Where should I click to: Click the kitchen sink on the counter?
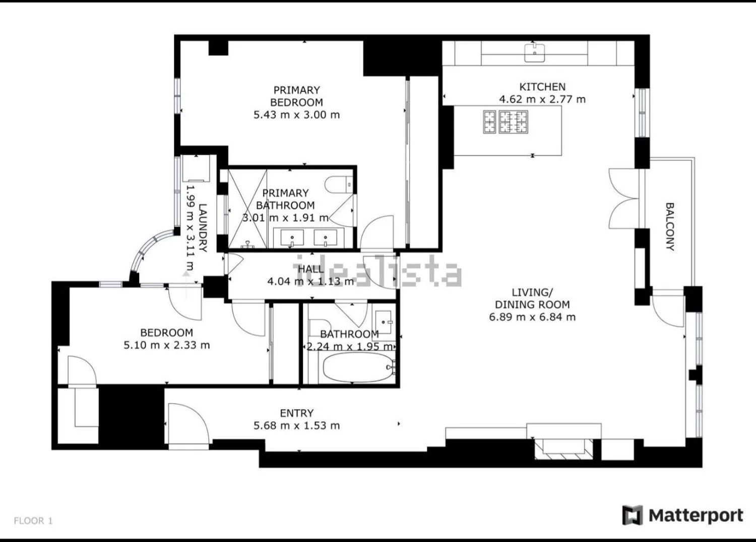pos(534,52)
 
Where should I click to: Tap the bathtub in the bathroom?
pos(359,367)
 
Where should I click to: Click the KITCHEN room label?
pos(542,87)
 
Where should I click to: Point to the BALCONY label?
pos(670,227)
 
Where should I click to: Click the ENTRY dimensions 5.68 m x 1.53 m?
pos(297,426)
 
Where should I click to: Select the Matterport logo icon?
pos(632,515)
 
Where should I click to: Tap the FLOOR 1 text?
pos(33,521)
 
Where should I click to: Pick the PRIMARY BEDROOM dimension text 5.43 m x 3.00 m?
pos(297,115)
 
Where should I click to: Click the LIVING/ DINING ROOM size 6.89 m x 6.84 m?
pos(532,317)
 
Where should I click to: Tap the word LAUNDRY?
pos(203,228)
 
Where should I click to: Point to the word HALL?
pos(311,269)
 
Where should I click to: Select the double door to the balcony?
pos(624,199)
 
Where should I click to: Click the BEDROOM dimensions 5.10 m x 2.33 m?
pos(167,346)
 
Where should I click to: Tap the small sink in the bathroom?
pos(384,322)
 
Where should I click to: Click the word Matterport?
pos(696,516)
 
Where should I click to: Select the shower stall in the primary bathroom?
pos(248,209)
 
